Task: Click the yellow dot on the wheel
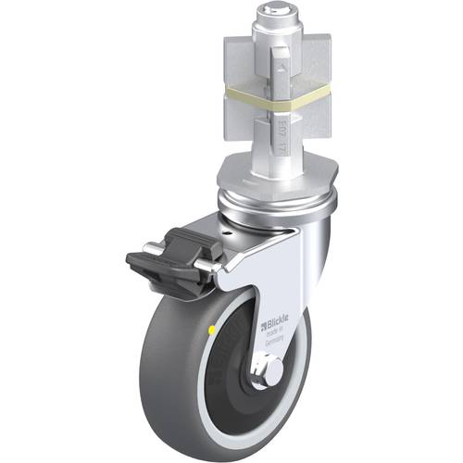[215, 327]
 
